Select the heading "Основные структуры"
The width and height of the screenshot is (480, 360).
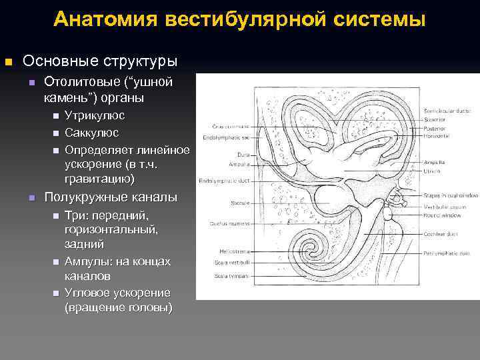point(100,61)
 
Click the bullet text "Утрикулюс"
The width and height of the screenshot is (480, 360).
point(94,115)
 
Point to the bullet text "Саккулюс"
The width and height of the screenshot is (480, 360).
point(92,133)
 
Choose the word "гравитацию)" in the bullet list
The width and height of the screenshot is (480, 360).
point(99,179)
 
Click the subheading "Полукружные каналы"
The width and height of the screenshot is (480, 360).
point(111,197)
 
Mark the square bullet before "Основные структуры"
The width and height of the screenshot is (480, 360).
point(8,62)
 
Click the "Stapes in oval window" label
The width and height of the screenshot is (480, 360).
point(450,195)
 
